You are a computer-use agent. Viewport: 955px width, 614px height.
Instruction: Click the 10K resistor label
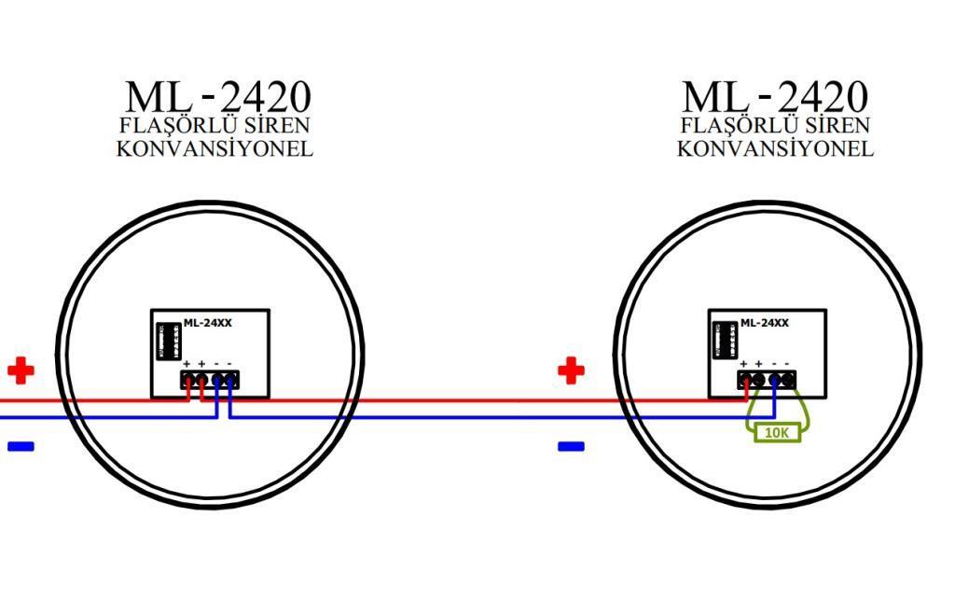tap(775, 433)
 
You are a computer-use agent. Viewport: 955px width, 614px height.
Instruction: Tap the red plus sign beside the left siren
tap(21, 370)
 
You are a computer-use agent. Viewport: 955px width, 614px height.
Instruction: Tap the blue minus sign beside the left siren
tap(21, 446)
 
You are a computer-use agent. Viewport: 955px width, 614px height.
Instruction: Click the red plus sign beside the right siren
tap(571, 370)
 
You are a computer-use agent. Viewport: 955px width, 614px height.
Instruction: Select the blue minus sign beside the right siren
tap(571, 446)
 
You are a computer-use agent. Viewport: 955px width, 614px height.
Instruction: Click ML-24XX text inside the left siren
tap(207, 323)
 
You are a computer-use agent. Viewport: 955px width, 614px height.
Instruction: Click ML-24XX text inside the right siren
tap(765, 323)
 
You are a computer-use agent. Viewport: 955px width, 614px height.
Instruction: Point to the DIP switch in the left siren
tap(169, 342)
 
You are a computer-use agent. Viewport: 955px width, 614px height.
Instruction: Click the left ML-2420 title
tap(217, 96)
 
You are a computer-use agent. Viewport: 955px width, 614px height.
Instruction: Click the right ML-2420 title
tap(774, 96)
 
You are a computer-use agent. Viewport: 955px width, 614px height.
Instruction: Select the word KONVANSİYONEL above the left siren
tap(215, 148)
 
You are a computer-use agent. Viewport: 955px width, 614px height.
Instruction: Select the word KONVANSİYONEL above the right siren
tap(775, 148)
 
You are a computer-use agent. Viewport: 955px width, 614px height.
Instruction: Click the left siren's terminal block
tap(209, 379)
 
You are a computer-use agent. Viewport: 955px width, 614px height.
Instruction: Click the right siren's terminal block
tap(767, 379)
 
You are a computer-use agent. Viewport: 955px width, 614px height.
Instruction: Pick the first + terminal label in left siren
tap(187, 364)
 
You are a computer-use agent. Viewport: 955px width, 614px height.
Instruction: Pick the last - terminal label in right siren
tap(787, 364)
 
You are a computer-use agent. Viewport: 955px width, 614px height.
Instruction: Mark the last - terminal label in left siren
tap(229, 364)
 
